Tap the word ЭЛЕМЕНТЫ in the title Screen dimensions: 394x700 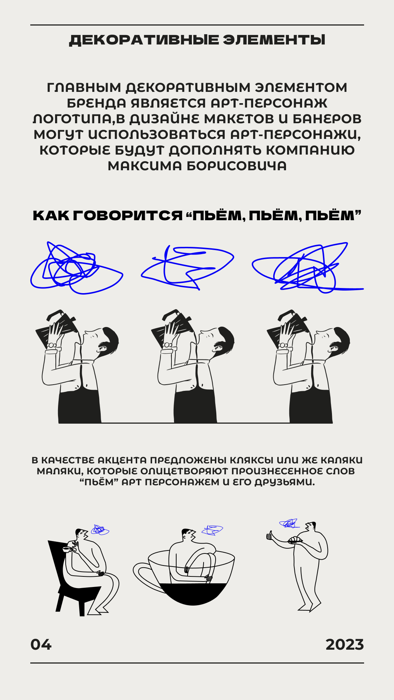coord(274,40)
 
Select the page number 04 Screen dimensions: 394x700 coord(41,645)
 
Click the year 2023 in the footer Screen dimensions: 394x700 coord(345,645)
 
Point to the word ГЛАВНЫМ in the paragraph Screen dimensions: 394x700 coord(84,87)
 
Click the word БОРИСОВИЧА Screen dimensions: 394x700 coord(237,166)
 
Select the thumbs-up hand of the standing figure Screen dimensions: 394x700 coord(270,536)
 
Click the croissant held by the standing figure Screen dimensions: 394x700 coord(295,540)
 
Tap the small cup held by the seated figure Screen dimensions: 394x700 coord(67,549)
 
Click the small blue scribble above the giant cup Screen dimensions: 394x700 coord(212,530)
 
